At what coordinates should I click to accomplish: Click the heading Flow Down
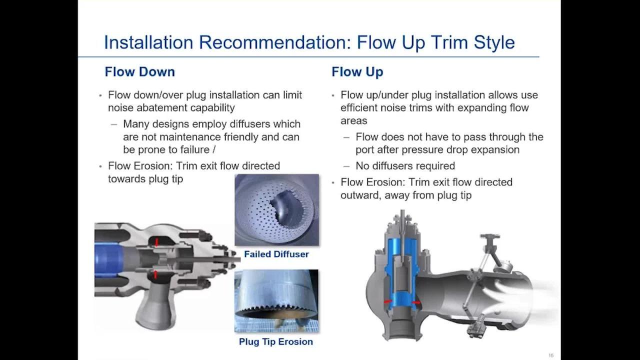tap(139, 71)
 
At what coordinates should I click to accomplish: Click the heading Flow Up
tap(357, 72)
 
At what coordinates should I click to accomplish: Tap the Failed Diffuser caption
tap(276, 254)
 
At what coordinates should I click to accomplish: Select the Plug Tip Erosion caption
tap(276, 341)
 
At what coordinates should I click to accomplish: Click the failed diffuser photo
tap(276, 209)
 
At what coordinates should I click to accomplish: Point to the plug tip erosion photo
tap(276, 301)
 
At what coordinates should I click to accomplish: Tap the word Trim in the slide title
tap(450, 42)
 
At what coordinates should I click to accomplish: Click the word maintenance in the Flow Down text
tap(190, 137)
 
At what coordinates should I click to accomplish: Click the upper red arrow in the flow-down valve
tap(156, 242)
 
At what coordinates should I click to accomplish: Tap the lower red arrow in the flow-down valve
tap(155, 274)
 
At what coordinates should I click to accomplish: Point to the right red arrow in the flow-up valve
tap(416, 302)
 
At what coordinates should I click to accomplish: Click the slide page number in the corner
tap(551, 355)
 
